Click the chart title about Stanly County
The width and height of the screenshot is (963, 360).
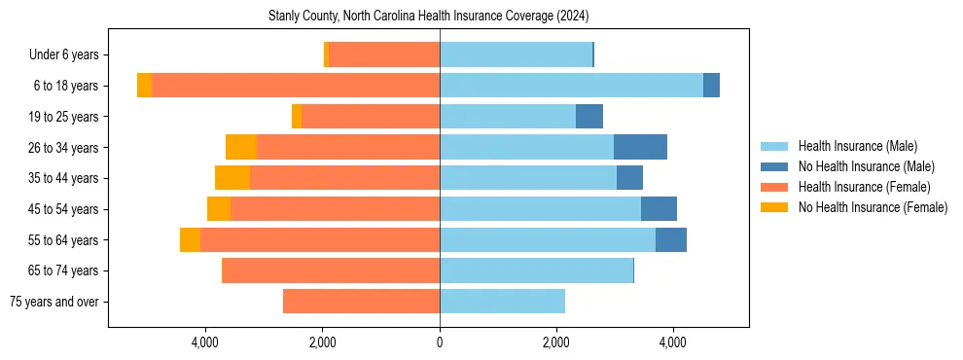pos(428,17)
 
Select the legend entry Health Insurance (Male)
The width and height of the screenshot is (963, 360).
pos(857,146)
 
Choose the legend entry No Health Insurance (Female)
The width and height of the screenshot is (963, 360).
pos(873,207)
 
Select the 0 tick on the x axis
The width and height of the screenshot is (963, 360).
pos(440,342)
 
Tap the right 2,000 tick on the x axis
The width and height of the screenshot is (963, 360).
pos(556,342)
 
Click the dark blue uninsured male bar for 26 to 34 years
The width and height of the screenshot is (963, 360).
pos(640,147)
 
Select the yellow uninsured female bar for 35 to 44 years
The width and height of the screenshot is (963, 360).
pos(232,178)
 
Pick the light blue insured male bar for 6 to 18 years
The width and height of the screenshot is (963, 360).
pos(571,86)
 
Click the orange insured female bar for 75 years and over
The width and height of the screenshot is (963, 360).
pos(361,302)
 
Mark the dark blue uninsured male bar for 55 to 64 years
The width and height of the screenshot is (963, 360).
pos(671,239)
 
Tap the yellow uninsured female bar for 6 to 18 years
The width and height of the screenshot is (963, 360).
pos(144,86)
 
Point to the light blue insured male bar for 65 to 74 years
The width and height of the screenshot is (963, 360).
pos(536,270)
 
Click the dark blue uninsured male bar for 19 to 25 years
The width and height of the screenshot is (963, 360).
pos(589,117)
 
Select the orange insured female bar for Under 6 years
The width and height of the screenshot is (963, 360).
pos(384,55)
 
